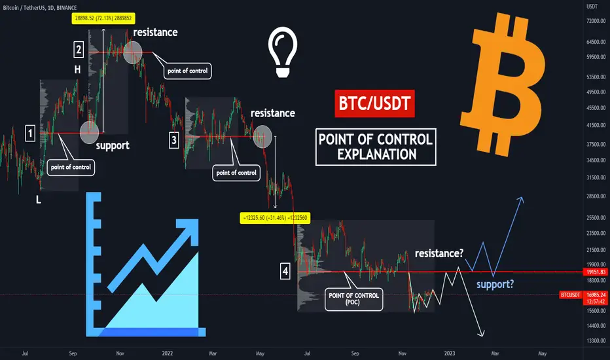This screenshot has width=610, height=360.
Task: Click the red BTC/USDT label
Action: point(374,103)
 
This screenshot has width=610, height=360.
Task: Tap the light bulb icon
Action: point(283,52)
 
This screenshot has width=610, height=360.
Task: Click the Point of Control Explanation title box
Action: point(376,147)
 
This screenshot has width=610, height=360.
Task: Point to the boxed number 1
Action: point(30,134)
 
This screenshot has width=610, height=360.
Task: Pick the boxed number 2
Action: point(79,50)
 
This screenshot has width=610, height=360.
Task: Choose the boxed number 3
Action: point(174,140)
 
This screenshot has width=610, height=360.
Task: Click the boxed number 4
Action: point(285,271)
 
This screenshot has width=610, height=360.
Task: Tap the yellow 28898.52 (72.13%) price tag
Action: point(103,18)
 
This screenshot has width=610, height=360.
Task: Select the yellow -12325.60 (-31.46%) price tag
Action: point(275,218)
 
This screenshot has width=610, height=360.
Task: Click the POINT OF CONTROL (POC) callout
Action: point(353,299)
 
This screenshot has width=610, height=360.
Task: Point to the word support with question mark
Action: point(495,285)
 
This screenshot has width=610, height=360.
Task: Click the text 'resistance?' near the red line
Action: point(439,253)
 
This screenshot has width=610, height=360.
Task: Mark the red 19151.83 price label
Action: point(596,272)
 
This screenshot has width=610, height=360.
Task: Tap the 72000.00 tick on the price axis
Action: point(596,21)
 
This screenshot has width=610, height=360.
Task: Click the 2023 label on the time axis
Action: point(450,353)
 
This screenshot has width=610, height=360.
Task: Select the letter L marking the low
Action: point(39,200)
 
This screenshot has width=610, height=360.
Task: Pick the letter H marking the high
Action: point(77,69)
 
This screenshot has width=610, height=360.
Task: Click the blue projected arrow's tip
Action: point(522,198)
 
